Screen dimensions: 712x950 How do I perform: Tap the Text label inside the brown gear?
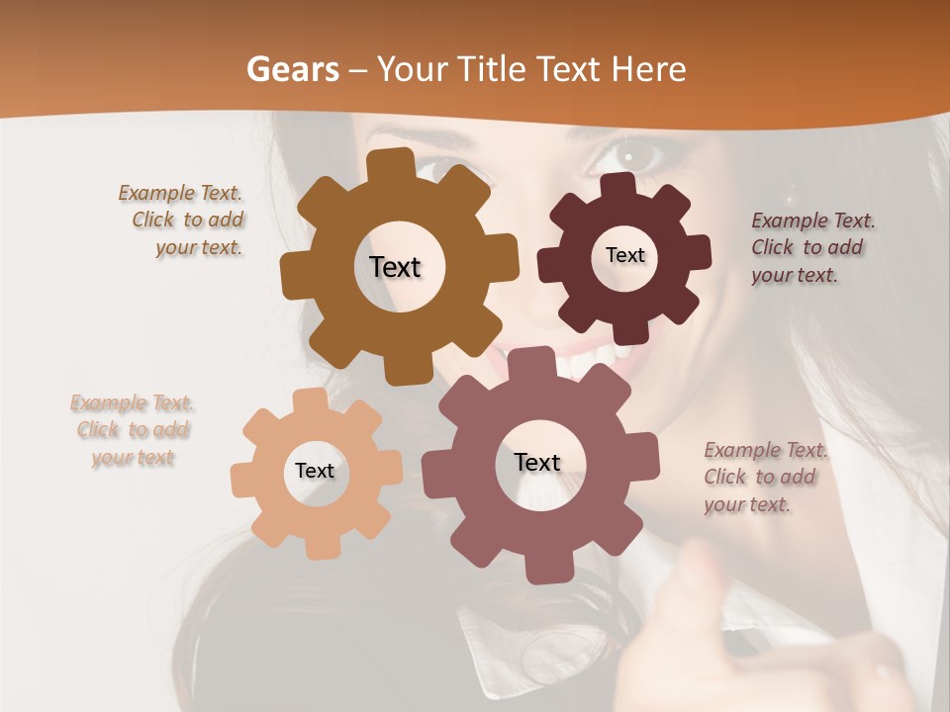(395, 267)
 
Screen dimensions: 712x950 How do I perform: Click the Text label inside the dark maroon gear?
(624, 255)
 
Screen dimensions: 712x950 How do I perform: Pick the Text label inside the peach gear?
(315, 471)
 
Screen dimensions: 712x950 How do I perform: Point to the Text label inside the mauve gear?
(537, 462)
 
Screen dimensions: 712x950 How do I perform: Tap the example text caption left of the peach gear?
(133, 430)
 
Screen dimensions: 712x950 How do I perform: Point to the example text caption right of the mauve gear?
(762, 477)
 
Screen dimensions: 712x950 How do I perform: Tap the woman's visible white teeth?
(594, 358)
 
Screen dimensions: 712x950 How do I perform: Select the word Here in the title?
(649, 69)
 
